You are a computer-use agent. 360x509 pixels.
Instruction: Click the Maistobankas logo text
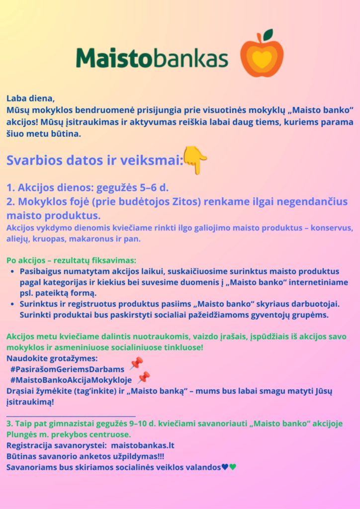coord(152,58)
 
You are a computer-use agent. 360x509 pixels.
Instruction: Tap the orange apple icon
coord(262,57)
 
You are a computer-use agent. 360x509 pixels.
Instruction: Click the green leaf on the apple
coord(268,35)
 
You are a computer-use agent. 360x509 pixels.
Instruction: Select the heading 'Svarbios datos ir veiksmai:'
coord(94,161)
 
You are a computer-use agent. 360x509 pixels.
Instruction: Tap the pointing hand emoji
coord(195,160)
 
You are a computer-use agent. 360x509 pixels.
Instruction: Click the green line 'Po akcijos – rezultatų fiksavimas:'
coord(71,260)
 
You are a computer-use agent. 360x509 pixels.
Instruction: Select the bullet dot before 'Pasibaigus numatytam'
coord(12,272)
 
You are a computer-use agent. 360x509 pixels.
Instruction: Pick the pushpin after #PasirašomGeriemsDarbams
coord(136,364)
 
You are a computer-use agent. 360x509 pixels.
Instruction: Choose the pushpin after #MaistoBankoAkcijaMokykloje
coord(144,377)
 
